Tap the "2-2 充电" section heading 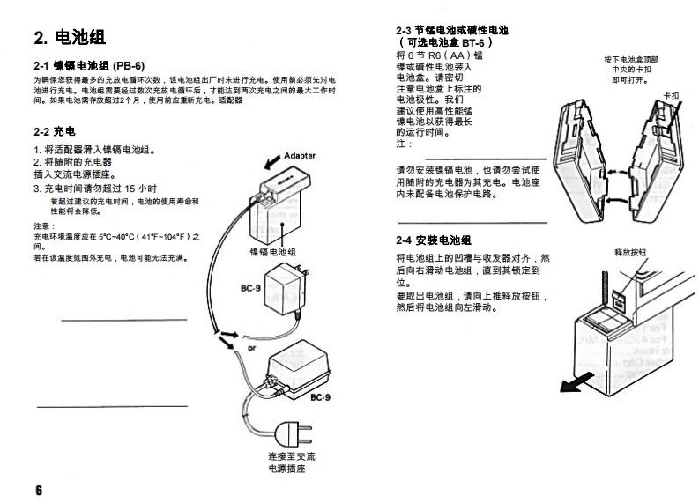(54, 130)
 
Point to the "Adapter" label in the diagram (299, 156)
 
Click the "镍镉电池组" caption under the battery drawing (273, 252)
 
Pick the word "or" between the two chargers (251, 347)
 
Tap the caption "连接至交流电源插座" (291, 463)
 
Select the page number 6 (39, 490)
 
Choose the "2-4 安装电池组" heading (434, 240)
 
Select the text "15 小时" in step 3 (141, 188)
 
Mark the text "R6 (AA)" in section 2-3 (462, 55)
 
